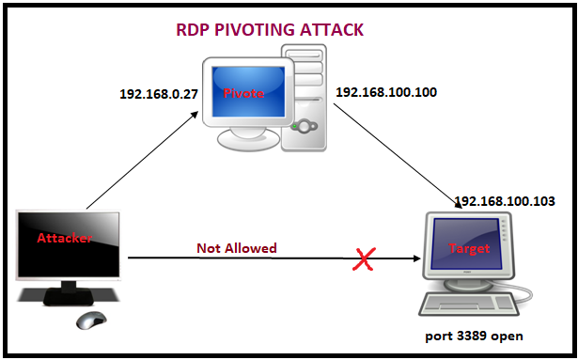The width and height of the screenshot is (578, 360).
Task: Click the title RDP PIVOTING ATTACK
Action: point(270,30)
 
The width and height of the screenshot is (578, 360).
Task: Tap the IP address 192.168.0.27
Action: point(159,94)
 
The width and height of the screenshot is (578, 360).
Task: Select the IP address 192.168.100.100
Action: point(386,92)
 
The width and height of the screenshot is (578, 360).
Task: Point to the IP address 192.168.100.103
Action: point(505,201)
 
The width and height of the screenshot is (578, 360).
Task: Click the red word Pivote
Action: point(243,93)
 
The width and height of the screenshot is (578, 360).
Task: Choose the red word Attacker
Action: point(64,238)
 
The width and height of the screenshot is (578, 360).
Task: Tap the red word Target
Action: point(469,248)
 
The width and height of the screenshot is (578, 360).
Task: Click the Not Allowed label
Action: point(237,248)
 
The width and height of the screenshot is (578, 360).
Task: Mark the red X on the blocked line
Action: point(365,258)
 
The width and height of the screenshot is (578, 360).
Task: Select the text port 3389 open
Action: point(474,336)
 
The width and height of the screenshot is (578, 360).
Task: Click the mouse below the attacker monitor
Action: point(91,320)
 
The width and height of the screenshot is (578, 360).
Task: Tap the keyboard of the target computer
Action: point(469,304)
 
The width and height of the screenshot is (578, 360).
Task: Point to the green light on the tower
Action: point(294,127)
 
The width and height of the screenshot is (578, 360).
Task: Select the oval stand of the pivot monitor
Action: point(248,140)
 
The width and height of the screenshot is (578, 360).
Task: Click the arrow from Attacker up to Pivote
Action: point(142,161)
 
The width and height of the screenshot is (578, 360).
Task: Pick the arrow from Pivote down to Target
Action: point(398,156)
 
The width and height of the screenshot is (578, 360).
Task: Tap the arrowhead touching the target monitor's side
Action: point(417,258)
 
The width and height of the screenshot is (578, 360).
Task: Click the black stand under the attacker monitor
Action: point(69,293)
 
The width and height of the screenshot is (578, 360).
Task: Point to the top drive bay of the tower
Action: point(304,55)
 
